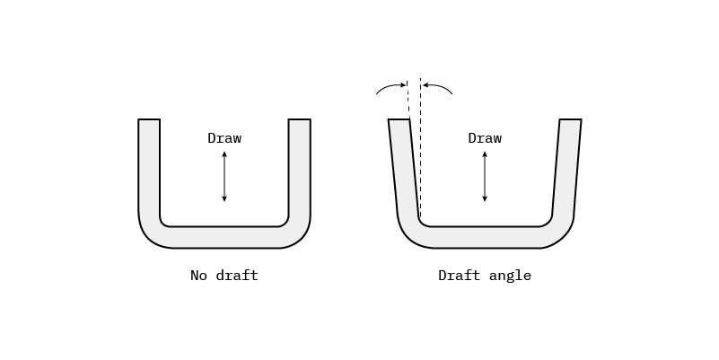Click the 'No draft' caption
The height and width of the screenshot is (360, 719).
(224, 276)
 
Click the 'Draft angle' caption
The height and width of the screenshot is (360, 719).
(484, 276)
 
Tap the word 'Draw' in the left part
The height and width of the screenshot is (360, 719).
(224, 138)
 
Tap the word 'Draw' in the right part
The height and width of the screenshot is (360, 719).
(485, 138)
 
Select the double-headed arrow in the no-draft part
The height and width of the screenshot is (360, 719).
(224, 177)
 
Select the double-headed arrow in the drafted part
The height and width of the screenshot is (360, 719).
(485, 177)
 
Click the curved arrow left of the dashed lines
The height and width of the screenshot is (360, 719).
(390, 86)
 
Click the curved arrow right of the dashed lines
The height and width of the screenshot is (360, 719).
(438, 86)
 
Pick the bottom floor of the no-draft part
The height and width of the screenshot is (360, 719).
(224, 237)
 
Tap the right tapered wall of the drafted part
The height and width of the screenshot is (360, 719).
(566, 171)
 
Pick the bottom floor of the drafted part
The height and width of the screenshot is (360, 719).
(485, 237)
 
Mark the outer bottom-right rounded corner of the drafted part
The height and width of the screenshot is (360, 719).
(564, 235)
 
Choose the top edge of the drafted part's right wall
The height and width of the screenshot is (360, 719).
(570, 119)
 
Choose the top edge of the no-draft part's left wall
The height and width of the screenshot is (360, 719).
(149, 119)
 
